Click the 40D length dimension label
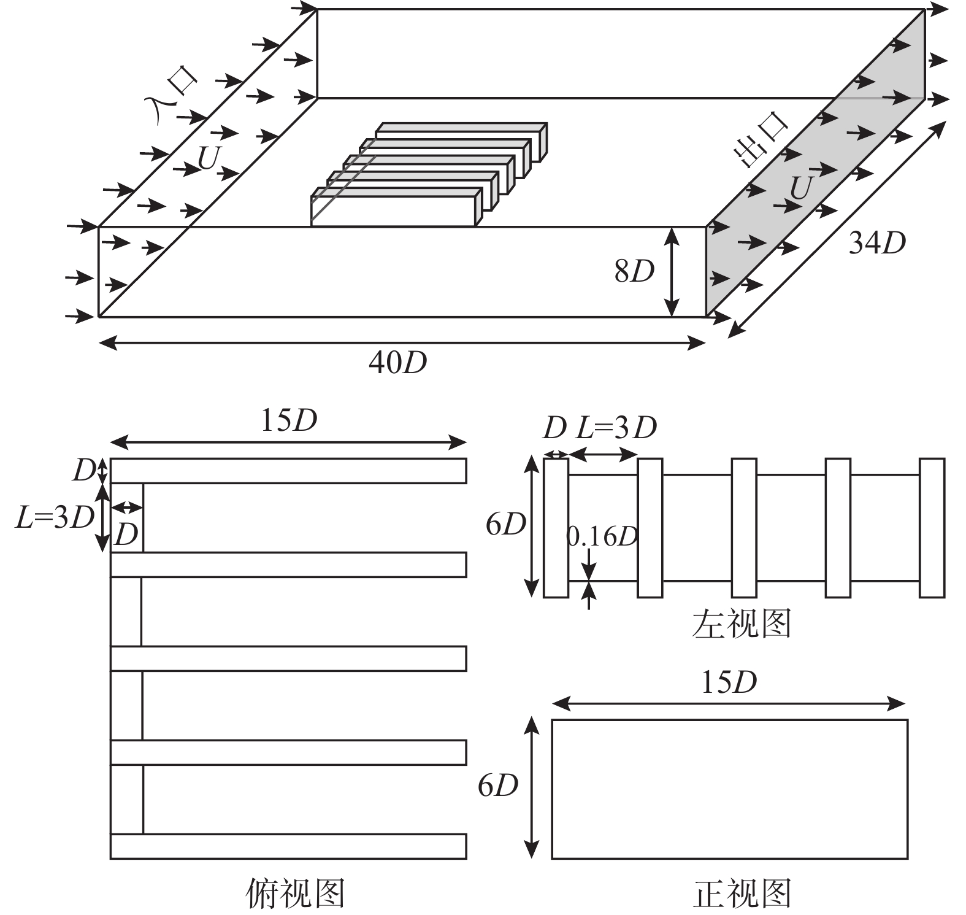(x=397, y=363)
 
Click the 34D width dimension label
(x=877, y=243)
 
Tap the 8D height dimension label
(x=634, y=271)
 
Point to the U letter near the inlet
(x=208, y=158)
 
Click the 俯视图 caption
(x=296, y=893)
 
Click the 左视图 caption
(x=742, y=623)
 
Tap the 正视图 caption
(x=742, y=893)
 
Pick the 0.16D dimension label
(x=602, y=536)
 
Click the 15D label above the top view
(x=289, y=420)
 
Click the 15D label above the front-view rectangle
(x=729, y=682)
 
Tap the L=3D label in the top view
(x=55, y=517)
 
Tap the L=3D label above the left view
(x=616, y=427)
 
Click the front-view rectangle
(x=729, y=789)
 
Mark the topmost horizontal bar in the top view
(x=288, y=471)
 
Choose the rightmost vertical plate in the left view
(x=932, y=527)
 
